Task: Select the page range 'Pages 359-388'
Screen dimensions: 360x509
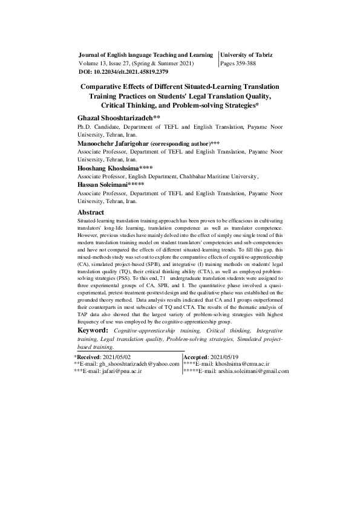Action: pyautogui.click(x=243, y=63)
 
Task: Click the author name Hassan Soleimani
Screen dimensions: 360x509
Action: pyautogui.click(x=102, y=184)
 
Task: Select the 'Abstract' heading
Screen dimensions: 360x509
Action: pyautogui.click(x=91, y=213)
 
